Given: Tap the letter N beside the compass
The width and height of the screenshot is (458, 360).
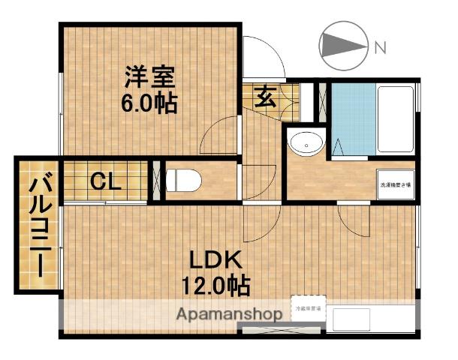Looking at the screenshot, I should [380, 49].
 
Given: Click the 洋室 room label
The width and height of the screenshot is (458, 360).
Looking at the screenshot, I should [150, 77].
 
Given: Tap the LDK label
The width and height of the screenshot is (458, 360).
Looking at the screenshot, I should [213, 262].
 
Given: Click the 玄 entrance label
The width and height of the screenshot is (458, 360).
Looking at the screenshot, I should [266, 97].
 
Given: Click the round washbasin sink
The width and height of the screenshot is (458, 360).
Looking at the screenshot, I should [306, 142].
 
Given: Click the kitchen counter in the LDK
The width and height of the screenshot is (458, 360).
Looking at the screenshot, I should [371, 319].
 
